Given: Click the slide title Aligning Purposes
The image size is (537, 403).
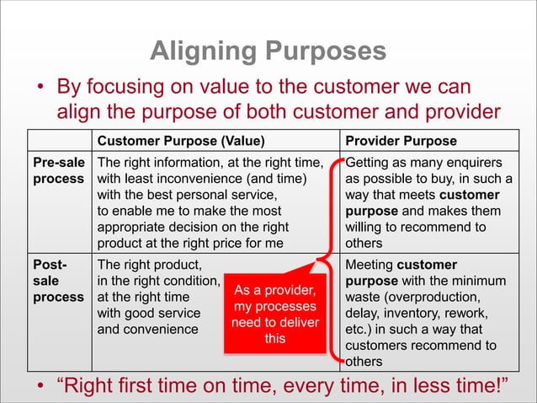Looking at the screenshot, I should [x=268, y=51].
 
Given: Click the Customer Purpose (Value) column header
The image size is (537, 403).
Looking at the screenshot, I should [x=181, y=141].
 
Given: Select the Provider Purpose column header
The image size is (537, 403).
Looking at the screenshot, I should [x=401, y=141].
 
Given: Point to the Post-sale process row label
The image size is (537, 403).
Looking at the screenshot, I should [x=58, y=281].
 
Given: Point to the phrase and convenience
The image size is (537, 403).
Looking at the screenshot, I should [x=148, y=329].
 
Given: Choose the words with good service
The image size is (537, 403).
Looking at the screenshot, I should [x=149, y=313].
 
